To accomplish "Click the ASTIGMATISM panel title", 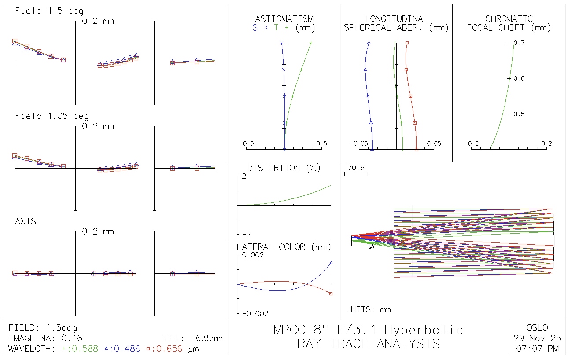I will (x=284, y=19).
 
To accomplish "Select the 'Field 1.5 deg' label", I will (x=49, y=11).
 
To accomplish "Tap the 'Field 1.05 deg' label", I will (x=52, y=116).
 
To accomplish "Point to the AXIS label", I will (x=26, y=221).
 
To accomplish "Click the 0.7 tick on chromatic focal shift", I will (x=519, y=43).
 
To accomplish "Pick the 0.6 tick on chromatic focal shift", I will (x=519, y=78).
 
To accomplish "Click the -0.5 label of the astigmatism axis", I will (x=246, y=143).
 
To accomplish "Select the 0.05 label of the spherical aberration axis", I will (x=434, y=143).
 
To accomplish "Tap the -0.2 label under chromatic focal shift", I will (x=472, y=143).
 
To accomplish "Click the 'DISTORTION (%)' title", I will (x=284, y=168).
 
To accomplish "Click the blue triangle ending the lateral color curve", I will (x=331, y=263).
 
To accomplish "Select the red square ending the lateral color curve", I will (x=331, y=294).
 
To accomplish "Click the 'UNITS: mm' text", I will (x=368, y=309).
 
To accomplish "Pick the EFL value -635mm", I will (x=207, y=338).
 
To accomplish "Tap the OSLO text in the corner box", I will (x=537, y=327).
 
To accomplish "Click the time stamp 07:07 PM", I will (x=537, y=349).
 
